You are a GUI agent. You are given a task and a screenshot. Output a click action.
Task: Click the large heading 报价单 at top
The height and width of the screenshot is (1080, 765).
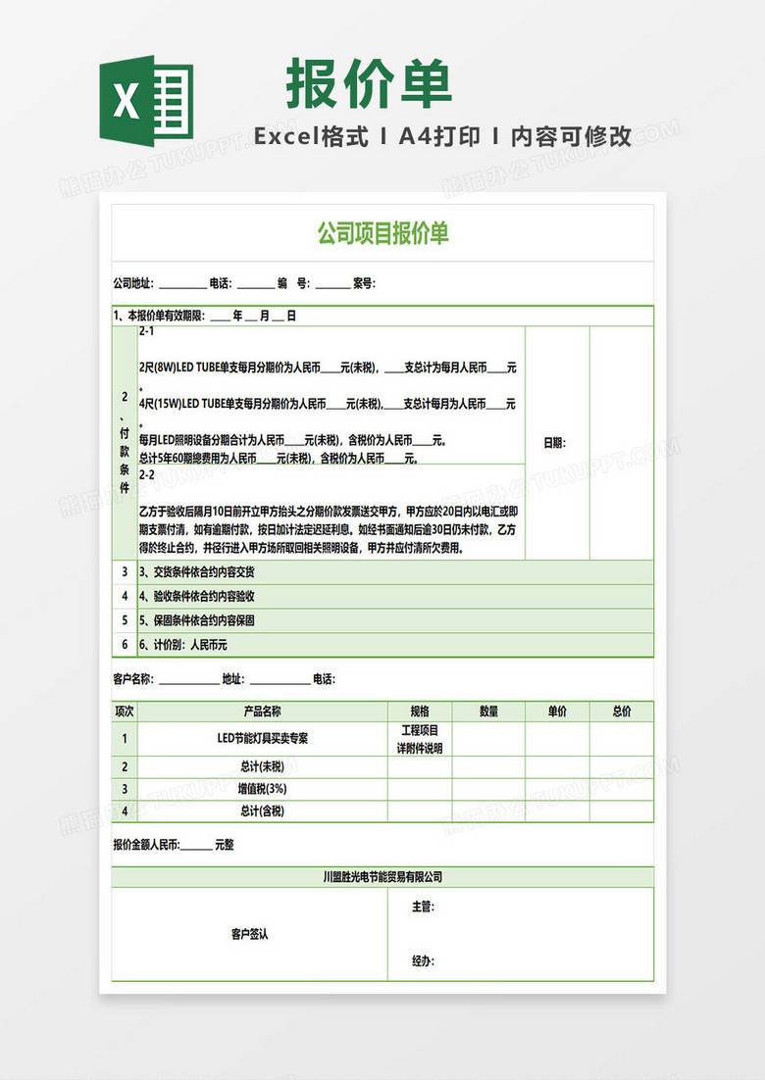pyautogui.click(x=370, y=84)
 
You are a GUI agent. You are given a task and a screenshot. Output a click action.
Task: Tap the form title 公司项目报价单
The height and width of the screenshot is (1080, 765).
pyautogui.click(x=382, y=233)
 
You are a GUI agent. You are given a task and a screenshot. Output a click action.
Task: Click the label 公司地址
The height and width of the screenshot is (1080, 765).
pyautogui.click(x=132, y=284)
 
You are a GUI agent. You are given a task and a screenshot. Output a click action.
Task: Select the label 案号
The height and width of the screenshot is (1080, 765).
pyautogui.click(x=363, y=284)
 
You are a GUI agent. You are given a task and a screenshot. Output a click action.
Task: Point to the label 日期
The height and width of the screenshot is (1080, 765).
pyautogui.click(x=554, y=443)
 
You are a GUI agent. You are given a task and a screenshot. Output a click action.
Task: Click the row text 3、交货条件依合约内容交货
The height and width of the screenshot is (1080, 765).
pyautogui.click(x=197, y=572)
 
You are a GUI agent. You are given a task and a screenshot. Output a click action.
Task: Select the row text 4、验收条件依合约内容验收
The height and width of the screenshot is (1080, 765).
pyautogui.click(x=197, y=596)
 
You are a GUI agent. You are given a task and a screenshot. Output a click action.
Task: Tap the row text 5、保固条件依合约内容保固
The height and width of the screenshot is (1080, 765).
pyautogui.click(x=197, y=620)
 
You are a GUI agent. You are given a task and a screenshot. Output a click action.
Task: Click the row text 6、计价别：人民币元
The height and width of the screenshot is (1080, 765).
pyautogui.click(x=183, y=645)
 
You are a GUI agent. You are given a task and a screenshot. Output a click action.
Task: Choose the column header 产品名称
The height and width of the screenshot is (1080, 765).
pyautogui.click(x=262, y=712)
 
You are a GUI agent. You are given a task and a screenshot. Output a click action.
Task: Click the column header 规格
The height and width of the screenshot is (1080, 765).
pyautogui.click(x=419, y=712)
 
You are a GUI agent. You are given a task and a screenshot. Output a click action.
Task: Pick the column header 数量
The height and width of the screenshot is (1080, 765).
pyautogui.click(x=488, y=712)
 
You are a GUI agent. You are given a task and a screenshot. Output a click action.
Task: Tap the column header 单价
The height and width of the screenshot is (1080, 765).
pyautogui.click(x=557, y=712)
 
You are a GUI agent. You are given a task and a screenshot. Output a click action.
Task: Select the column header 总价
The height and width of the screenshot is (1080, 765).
pyautogui.click(x=622, y=712)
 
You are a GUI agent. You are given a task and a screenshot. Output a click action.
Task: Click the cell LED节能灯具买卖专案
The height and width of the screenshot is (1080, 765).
pyautogui.click(x=262, y=738)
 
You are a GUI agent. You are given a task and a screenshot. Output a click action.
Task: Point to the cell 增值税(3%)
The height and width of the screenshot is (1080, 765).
pyautogui.click(x=262, y=789)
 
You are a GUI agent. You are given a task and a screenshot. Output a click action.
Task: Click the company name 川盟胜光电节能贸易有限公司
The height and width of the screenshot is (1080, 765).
pyautogui.click(x=382, y=877)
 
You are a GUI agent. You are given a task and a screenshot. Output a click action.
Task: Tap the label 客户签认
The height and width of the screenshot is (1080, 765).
pyautogui.click(x=249, y=934)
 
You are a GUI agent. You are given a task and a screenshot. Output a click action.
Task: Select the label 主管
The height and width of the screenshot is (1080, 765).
pyautogui.click(x=423, y=908)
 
